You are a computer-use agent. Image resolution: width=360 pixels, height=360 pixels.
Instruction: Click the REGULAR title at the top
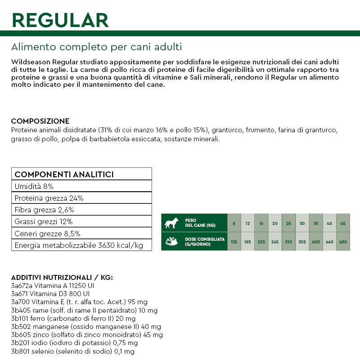[60, 20]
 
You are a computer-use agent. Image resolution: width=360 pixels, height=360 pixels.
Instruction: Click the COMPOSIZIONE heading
[40, 121]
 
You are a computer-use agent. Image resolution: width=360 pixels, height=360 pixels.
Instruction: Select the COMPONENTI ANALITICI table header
[64, 174]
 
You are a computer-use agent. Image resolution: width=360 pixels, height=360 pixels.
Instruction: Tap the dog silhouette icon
[171, 223]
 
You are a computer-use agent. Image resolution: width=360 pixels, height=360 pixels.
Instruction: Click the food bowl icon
[171, 241]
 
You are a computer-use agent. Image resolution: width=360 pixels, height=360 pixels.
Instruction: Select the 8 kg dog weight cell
[234, 224]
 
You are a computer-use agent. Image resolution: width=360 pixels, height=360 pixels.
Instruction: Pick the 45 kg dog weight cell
[343, 224]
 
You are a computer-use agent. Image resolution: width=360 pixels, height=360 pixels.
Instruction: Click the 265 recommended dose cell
[275, 242]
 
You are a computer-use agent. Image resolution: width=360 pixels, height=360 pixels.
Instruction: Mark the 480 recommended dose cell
[343, 242]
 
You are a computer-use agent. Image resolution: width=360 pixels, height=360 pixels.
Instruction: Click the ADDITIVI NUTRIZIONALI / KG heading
[62, 277]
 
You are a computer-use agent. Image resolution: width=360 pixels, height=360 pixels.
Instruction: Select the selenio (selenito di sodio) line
[72, 351]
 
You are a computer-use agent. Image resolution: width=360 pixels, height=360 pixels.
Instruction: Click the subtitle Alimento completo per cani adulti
[96, 47]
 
